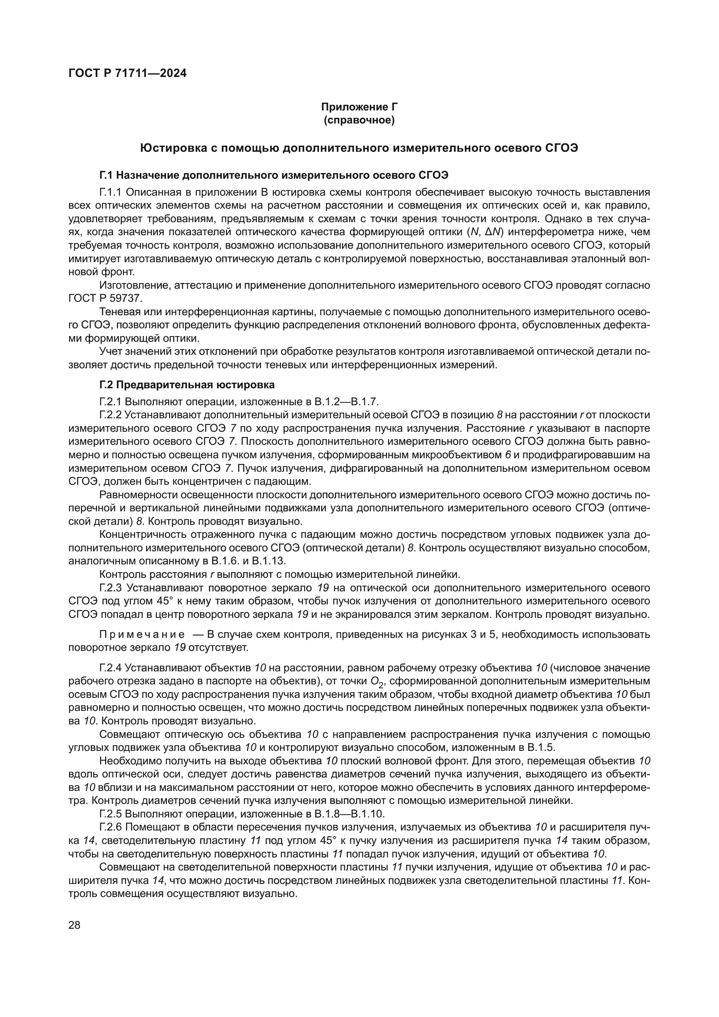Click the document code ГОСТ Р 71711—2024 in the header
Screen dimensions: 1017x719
coord(127,73)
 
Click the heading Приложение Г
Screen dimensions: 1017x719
coord(359,107)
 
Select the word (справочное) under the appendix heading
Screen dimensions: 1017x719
coord(359,120)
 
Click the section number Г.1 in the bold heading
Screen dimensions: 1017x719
coord(106,175)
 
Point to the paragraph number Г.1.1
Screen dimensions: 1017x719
coord(112,192)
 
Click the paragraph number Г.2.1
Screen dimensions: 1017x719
coord(112,402)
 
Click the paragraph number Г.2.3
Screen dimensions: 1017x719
coord(112,588)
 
